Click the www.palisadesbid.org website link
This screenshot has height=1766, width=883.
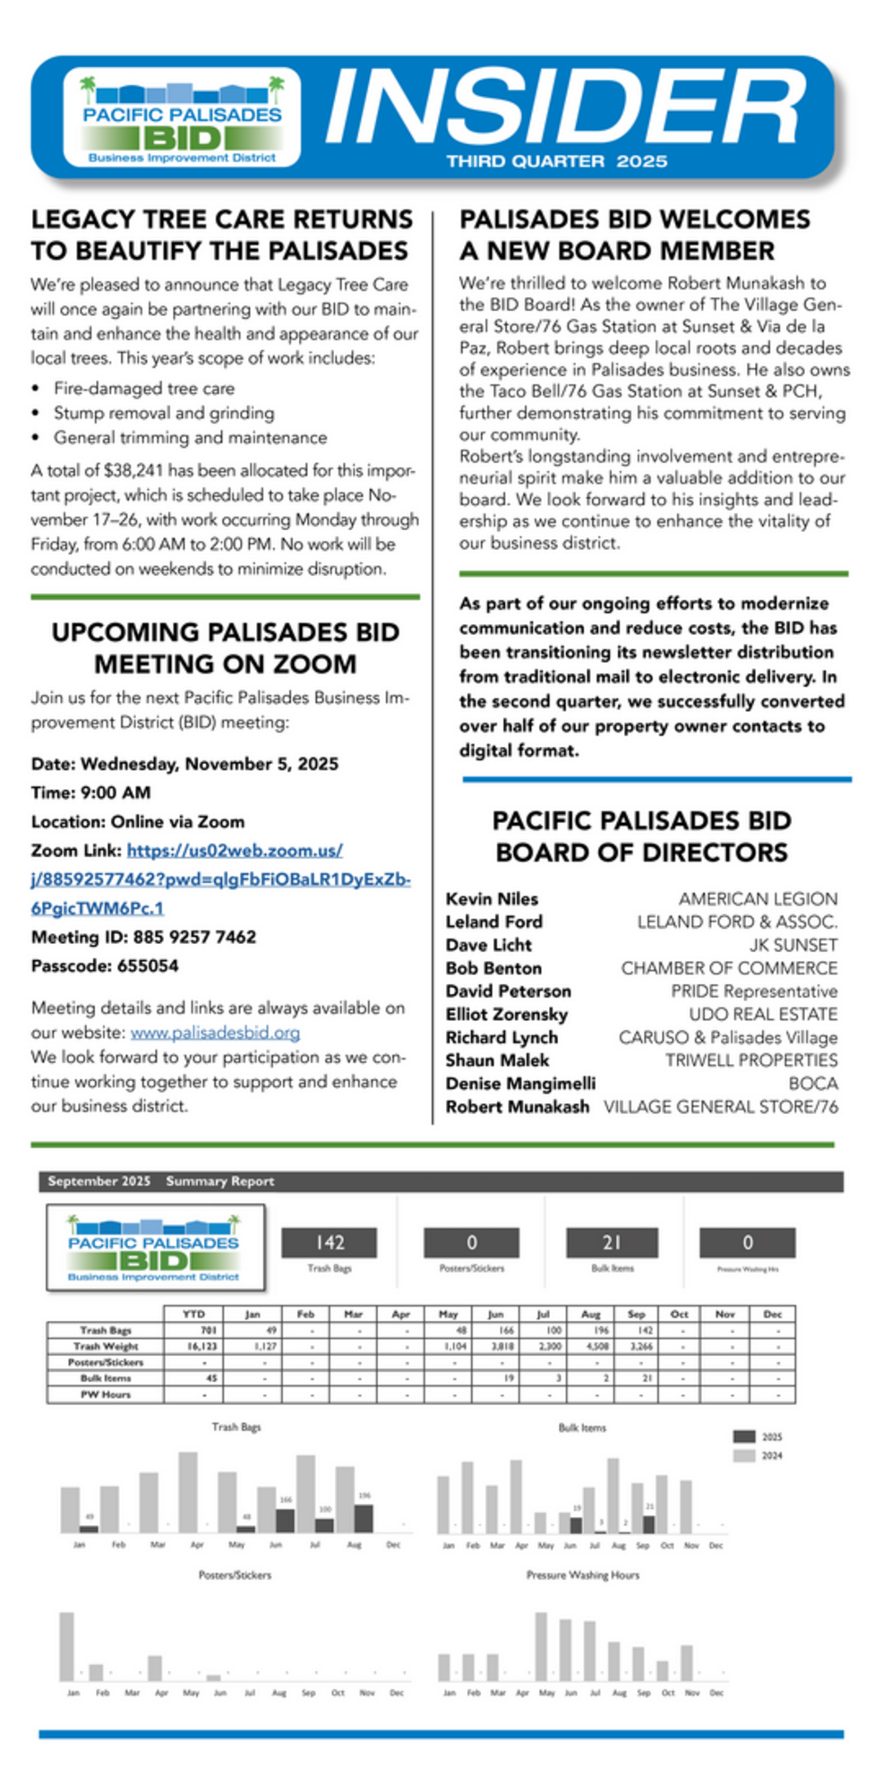tap(215, 1032)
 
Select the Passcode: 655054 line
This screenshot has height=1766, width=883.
tap(105, 965)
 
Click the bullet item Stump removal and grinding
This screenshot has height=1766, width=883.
tap(164, 413)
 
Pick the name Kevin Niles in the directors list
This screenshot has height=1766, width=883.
tap(492, 898)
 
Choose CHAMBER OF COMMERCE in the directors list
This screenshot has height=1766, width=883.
tap(729, 968)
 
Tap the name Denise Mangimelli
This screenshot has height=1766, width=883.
tap(519, 1084)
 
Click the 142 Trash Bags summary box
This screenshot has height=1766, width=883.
tap(329, 1243)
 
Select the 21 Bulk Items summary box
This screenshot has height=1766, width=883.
tap(612, 1243)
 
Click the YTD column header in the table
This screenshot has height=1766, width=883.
tap(193, 1314)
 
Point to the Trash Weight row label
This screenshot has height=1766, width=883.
tap(105, 1346)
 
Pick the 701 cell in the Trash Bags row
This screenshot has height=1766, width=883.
tap(208, 1330)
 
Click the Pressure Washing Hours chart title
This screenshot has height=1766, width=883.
tap(582, 1575)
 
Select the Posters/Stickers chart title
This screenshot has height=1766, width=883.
tap(235, 1575)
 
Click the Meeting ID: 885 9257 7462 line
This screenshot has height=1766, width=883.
tap(143, 937)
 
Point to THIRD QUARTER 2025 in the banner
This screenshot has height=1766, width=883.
tap(557, 161)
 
